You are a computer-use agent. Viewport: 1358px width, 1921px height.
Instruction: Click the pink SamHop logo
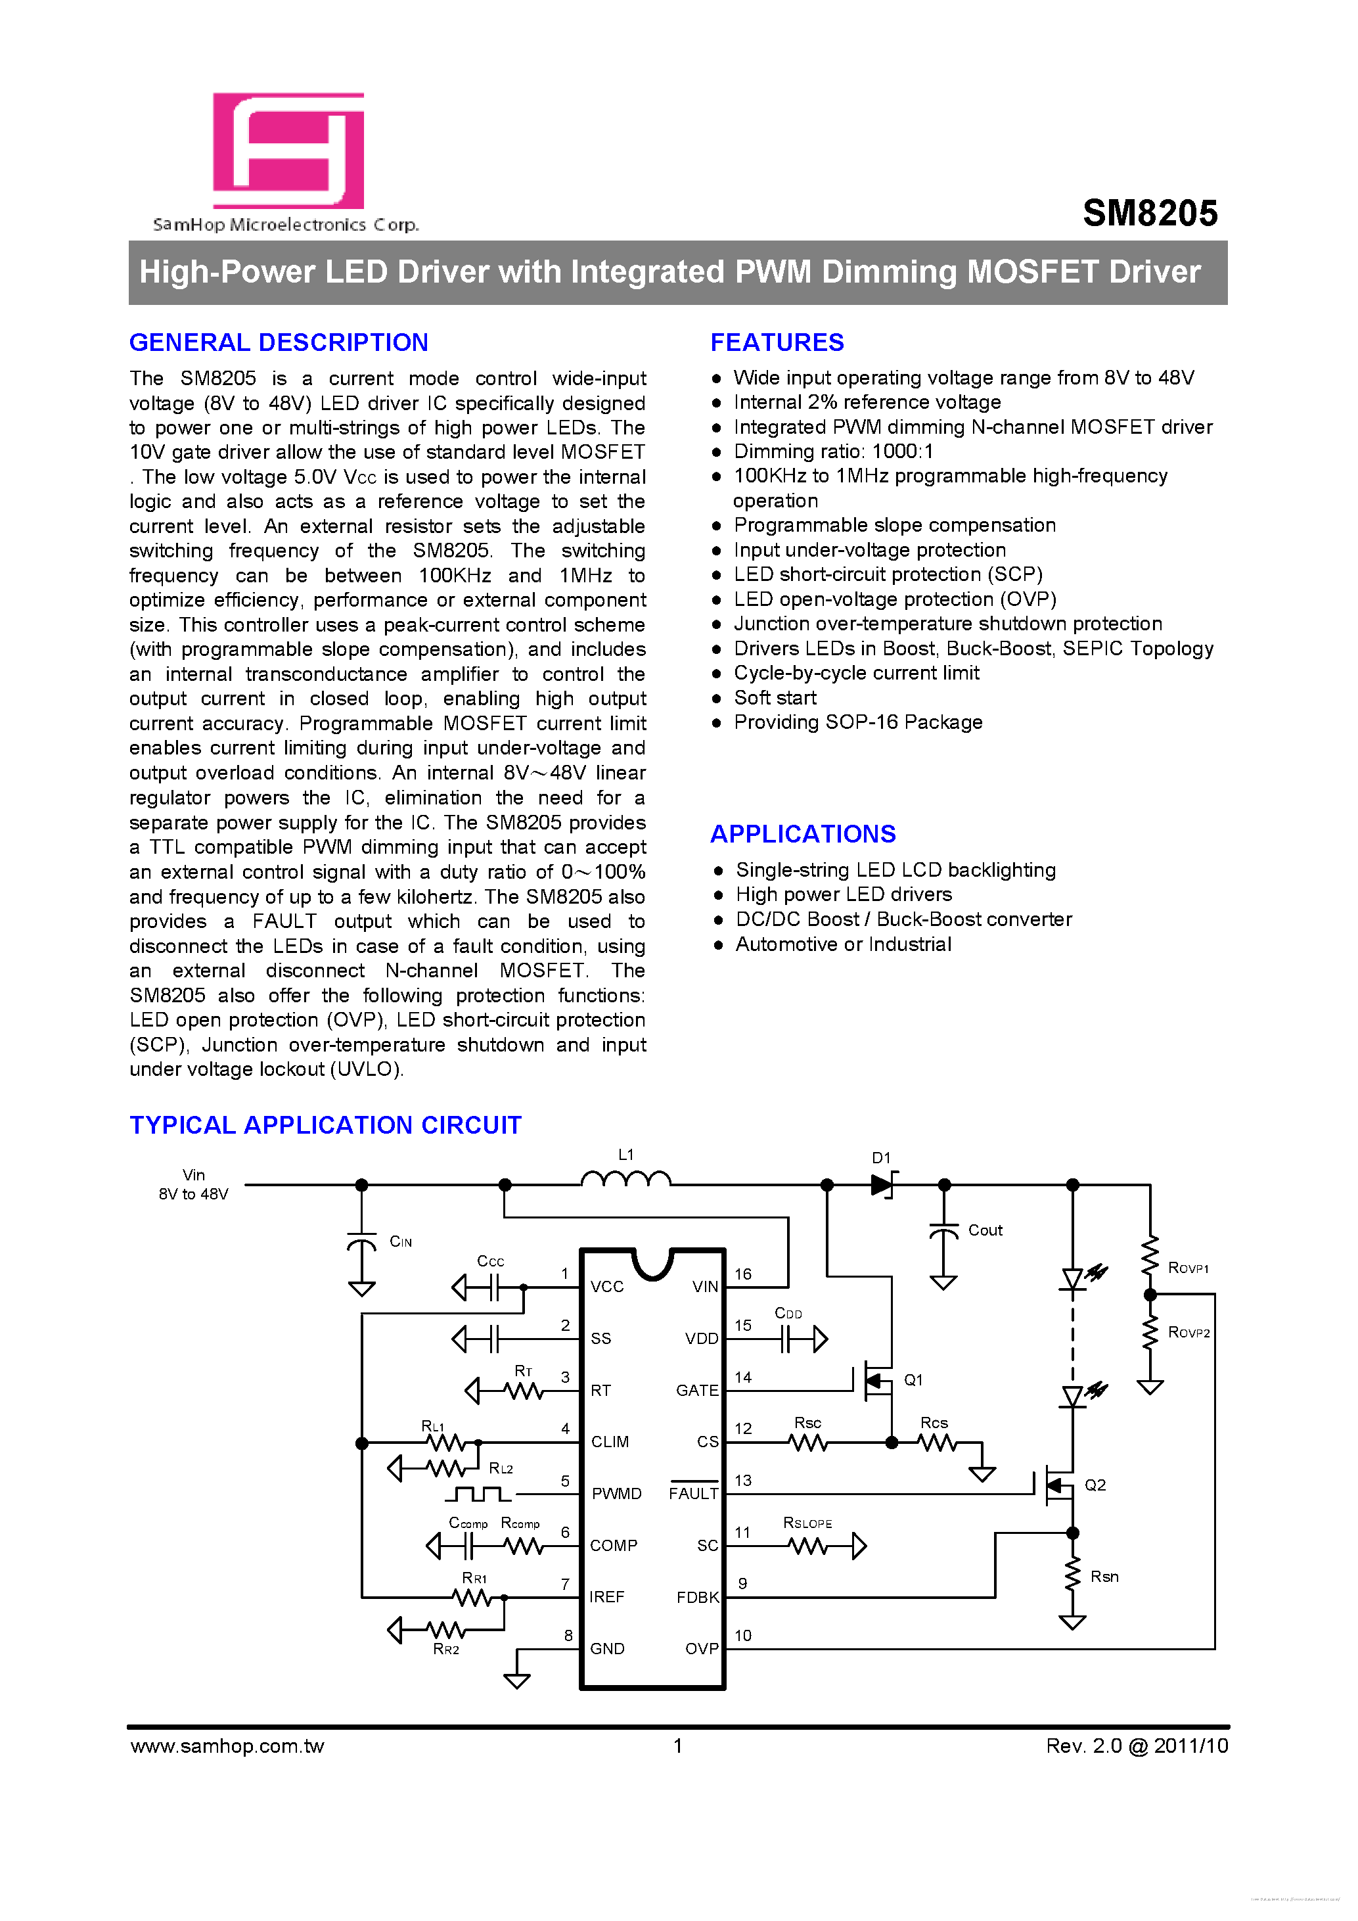(288, 150)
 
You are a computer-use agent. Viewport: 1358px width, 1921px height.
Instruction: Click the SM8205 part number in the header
(1150, 214)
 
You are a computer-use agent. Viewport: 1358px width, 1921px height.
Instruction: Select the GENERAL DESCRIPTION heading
(279, 342)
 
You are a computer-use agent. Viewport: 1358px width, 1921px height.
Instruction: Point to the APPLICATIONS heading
(803, 834)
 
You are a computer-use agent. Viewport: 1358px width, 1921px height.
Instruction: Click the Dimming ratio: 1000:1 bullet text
(833, 451)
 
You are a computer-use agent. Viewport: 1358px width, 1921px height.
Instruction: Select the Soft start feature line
(775, 698)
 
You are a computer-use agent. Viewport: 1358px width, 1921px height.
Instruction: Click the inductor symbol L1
(625, 1179)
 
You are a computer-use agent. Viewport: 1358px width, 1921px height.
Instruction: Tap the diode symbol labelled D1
(882, 1185)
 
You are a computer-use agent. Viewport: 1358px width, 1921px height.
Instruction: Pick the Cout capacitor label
(985, 1230)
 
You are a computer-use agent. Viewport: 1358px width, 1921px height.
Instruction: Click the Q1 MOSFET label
(913, 1379)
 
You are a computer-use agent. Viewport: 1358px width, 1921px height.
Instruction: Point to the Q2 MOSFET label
(1095, 1485)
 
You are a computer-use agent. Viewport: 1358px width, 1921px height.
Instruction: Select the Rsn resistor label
(1104, 1576)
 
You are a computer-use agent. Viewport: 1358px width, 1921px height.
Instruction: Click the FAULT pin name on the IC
(693, 1493)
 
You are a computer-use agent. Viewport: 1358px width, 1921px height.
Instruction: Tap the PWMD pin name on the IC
(616, 1493)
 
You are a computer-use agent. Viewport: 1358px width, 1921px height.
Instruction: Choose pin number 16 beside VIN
(742, 1274)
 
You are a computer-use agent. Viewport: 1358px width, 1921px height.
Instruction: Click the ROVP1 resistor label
(1187, 1268)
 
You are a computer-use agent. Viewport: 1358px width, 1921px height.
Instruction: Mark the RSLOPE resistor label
(807, 1523)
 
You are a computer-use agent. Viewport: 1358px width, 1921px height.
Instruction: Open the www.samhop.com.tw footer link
(227, 1746)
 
